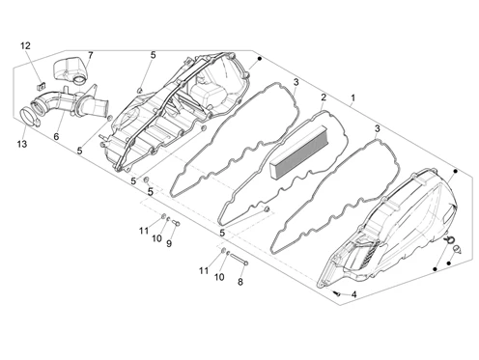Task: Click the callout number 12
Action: pos(25,46)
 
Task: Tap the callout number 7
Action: pos(90,55)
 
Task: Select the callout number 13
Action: pos(22,144)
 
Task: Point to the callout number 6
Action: pos(56,136)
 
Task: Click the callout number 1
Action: pos(353,97)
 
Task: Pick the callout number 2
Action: pos(324,97)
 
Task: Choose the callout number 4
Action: pos(354,294)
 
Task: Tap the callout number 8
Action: pos(240,282)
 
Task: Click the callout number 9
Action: pos(169,243)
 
